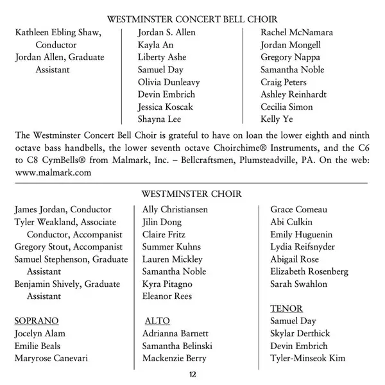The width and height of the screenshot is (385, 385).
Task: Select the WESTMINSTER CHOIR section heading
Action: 192,193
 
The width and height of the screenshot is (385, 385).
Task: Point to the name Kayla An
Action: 156,45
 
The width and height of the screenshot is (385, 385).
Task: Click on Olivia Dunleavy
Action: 169,82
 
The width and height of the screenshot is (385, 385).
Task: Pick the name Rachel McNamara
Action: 296,33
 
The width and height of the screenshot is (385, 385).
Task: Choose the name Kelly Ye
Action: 277,119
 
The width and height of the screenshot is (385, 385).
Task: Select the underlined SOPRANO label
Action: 37,321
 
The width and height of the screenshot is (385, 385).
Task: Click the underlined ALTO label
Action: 157,321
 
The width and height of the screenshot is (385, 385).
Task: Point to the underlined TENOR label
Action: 286,309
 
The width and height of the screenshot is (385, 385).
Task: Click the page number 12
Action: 193,374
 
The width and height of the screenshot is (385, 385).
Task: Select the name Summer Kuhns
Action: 171,247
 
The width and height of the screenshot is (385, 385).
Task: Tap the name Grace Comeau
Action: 298,210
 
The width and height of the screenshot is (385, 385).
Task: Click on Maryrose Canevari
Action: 51,358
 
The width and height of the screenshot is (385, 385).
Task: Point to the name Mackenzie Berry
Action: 175,358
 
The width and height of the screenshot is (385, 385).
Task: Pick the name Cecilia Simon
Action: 287,107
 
